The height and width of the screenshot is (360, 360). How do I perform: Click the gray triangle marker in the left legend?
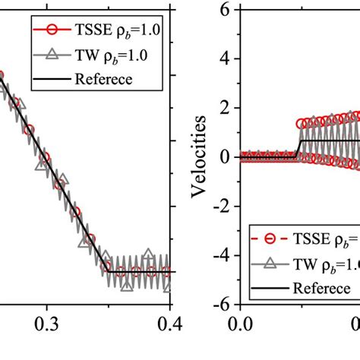point(50,54)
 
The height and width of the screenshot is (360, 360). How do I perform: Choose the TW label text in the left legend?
point(85,54)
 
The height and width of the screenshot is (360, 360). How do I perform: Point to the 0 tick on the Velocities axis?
point(224,157)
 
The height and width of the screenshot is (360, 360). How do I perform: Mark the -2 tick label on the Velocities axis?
point(220,206)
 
